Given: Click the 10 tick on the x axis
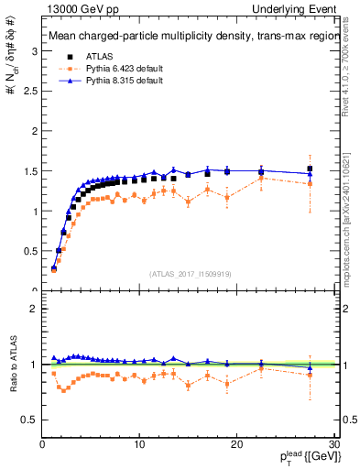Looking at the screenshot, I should pyautogui.click(x=138, y=444).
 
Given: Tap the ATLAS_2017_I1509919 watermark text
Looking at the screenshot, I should pyautogui.click(x=190, y=273).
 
